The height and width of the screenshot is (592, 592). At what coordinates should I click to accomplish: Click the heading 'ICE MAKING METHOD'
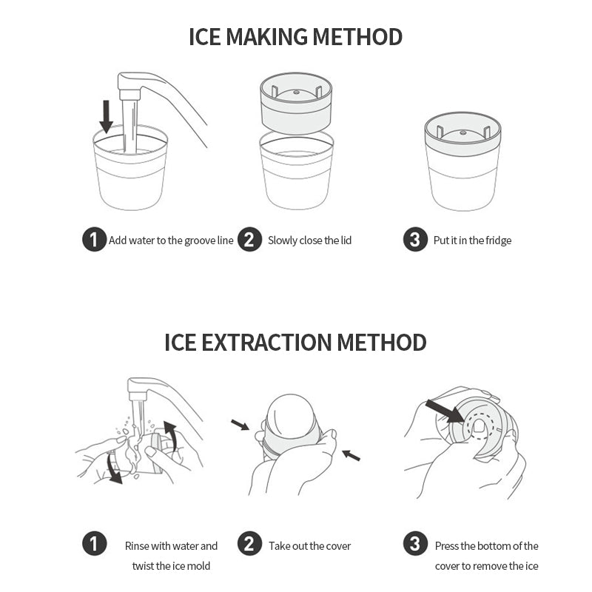(295, 36)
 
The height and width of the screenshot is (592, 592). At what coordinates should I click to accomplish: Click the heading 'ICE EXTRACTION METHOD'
(295, 343)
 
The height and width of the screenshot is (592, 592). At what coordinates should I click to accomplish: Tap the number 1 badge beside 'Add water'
(95, 239)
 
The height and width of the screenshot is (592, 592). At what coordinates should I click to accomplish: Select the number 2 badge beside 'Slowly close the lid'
(249, 239)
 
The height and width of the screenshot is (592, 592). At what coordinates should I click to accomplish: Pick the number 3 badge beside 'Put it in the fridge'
(415, 239)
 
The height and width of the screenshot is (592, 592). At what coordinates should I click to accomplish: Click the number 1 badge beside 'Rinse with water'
(95, 544)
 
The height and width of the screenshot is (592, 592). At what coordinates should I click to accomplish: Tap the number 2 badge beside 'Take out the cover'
(249, 544)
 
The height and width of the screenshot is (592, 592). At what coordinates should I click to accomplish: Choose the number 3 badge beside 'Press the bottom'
(415, 544)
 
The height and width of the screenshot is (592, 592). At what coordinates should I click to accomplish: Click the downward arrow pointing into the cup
(106, 116)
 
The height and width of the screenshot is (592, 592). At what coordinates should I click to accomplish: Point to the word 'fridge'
(498, 240)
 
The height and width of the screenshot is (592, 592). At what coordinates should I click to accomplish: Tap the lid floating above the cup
(297, 103)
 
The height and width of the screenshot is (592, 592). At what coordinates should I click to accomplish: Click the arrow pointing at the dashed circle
(445, 411)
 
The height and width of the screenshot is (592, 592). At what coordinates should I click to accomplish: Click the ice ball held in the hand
(290, 417)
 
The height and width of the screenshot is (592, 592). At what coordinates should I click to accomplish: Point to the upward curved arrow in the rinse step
(171, 436)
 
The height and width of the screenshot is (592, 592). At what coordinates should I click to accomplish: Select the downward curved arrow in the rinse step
(112, 468)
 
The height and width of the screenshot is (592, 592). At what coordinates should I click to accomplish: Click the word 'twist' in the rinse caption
(143, 566)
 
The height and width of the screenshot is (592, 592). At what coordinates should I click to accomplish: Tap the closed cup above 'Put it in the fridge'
(463, 161)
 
